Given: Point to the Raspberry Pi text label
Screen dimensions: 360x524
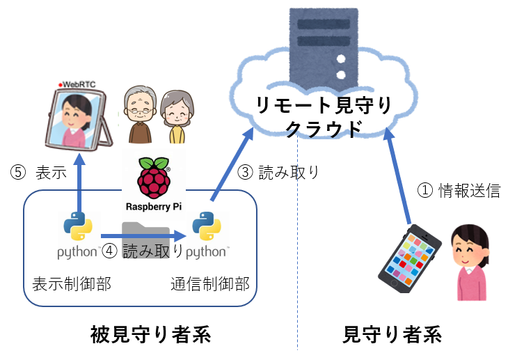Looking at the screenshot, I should pos(154,206).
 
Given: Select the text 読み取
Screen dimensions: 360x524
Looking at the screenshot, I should pos(145,251).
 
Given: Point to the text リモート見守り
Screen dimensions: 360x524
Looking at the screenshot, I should pos(324,107).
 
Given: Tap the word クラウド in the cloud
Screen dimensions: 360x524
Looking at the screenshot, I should pos(324,130).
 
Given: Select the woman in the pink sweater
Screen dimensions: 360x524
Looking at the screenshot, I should pos(471,263).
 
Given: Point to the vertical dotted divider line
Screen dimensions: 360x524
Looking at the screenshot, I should pos(298,279).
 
